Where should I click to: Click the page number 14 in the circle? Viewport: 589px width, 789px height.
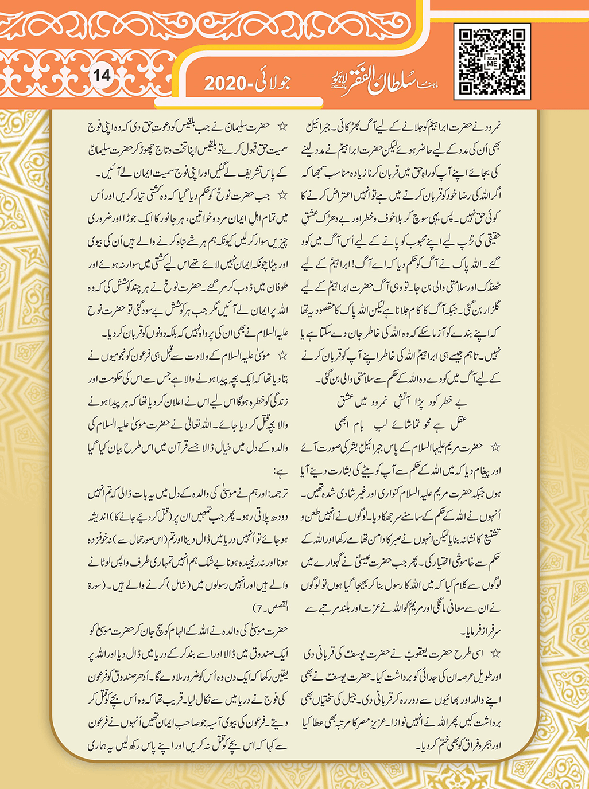(x=102, y=75)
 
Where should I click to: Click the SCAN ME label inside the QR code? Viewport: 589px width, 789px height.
(x=492, y=63)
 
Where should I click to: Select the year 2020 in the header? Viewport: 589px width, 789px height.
(x=226, y=84)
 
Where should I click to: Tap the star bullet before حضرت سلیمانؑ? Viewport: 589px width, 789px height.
(x=282, y=126)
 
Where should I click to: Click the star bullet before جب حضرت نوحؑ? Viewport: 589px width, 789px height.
(x=282, y=196)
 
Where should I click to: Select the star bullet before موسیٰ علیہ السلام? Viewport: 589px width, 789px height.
(x=282, y=356)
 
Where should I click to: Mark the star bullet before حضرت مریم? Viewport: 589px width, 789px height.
(x=495, y=447)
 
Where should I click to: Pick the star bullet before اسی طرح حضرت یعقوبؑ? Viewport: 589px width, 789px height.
(x=495, y=653)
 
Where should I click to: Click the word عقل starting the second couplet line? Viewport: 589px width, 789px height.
(x=459, y=425)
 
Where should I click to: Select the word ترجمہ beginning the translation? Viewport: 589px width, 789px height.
(x=276, y=494)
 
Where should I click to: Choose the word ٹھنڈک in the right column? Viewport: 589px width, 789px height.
(x=490, y=287)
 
